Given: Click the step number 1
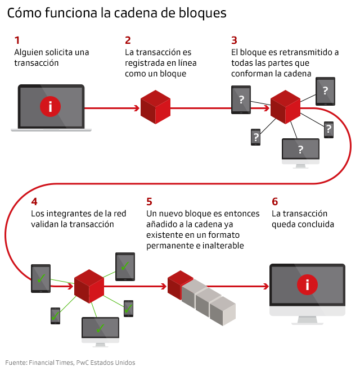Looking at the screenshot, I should click(x=17, y=40).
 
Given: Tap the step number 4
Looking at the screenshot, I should click(x=34, y=201).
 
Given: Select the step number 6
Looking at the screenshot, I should click(x=274, y=201).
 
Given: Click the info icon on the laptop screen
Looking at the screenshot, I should click(x=51, y=106).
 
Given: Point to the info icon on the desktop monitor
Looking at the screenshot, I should click(x=307, y=285).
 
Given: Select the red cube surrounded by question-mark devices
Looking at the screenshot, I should click(x=285, y=106).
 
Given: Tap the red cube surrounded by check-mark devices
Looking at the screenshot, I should click(x=89, y=286).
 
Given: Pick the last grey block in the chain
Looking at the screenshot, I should click(x=222, y=311).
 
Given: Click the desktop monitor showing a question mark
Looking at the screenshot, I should click(x=300, y=151).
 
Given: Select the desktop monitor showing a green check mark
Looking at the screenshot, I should click(x=100, y=329).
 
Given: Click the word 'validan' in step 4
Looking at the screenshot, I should click(x=46, y=224).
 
